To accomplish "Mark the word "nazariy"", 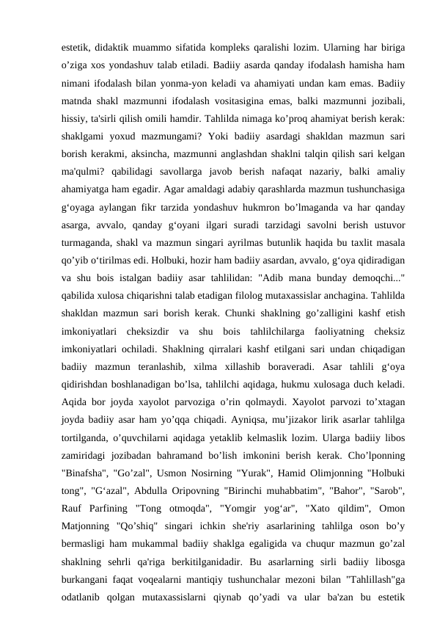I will (x=318, y=179).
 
